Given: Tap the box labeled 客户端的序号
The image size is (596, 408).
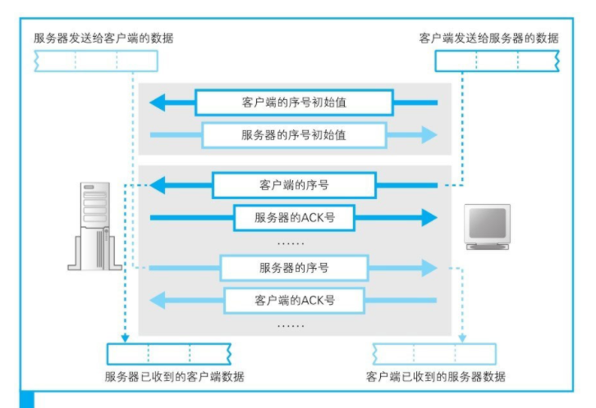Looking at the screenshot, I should [x=293, y=185].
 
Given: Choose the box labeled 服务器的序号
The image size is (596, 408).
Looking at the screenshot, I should [x=294, y=267].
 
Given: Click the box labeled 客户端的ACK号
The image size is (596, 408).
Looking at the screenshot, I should [x=294, y=300].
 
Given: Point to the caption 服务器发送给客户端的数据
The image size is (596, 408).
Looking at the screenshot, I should [x=103, y=39].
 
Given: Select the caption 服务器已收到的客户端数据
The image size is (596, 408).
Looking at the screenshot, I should [x=174, y=378].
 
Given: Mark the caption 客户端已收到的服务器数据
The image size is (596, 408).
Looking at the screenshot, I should [x=435, y=378].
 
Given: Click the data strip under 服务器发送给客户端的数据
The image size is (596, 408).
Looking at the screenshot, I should [x=95, y=61].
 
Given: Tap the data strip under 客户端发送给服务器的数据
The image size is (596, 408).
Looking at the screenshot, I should [x=497, y=61].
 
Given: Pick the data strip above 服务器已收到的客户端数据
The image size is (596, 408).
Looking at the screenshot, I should [x=169, y=354].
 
